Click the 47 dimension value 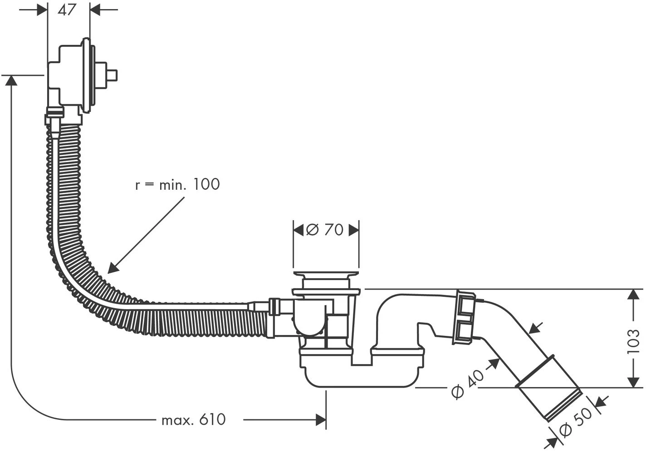(67, 10)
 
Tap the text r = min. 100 (177, 184)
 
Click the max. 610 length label (194, 420)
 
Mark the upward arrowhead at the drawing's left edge (11, 80)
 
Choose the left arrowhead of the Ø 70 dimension (299, 230)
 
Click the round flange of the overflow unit (87, 75)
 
